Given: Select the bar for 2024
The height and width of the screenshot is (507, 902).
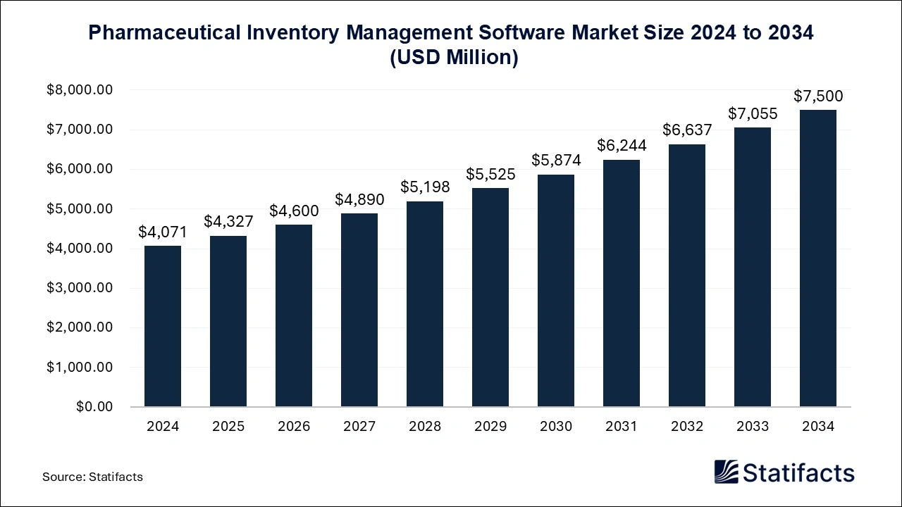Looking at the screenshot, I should [163, 326].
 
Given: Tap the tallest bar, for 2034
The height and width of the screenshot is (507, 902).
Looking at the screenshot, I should [818, 258].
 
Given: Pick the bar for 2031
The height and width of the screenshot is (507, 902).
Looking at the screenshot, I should [622, 283].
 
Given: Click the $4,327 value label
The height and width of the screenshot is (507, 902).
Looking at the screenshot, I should [228, 221].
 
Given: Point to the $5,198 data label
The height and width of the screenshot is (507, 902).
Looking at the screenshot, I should [425, 187].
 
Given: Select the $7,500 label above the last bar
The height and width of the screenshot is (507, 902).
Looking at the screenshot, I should [818, 96].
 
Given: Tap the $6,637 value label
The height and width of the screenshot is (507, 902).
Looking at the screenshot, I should [687, 130].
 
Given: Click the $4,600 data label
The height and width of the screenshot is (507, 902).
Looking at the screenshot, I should [294, 211].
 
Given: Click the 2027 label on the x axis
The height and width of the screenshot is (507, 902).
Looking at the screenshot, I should [359, 427].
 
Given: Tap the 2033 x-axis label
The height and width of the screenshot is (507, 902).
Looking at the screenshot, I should [753, 427].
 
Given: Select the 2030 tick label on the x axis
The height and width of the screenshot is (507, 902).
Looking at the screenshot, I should [556, 427].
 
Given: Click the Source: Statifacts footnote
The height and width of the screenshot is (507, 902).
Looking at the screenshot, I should [92, 477].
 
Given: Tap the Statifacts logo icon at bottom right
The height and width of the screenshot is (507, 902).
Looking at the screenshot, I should [726, 472].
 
